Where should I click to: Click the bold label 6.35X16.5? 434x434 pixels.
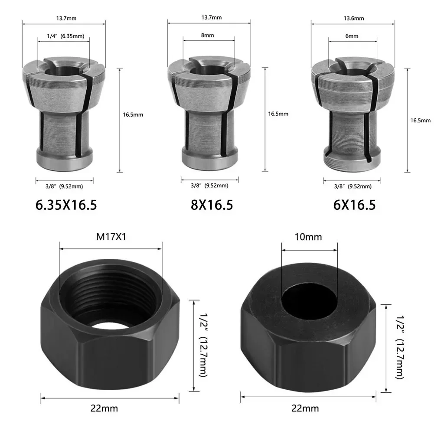click(x=66, y=205)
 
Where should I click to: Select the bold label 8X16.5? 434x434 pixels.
click(x=212, y=205)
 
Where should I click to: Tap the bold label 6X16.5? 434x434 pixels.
click(x=354, y=205)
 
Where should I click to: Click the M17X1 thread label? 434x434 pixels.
click(x=111, y=237)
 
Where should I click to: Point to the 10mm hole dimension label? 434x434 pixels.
click(x=308, y=237)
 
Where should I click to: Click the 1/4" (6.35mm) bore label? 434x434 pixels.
click(x=65, y=36)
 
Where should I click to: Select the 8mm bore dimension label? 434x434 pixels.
click(x=207, y=35)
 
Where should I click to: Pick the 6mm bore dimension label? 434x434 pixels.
click(x=352, y=36)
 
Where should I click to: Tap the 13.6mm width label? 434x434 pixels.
click(x=354, y=18)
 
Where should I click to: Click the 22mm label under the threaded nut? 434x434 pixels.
click(x=104, y=408)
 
